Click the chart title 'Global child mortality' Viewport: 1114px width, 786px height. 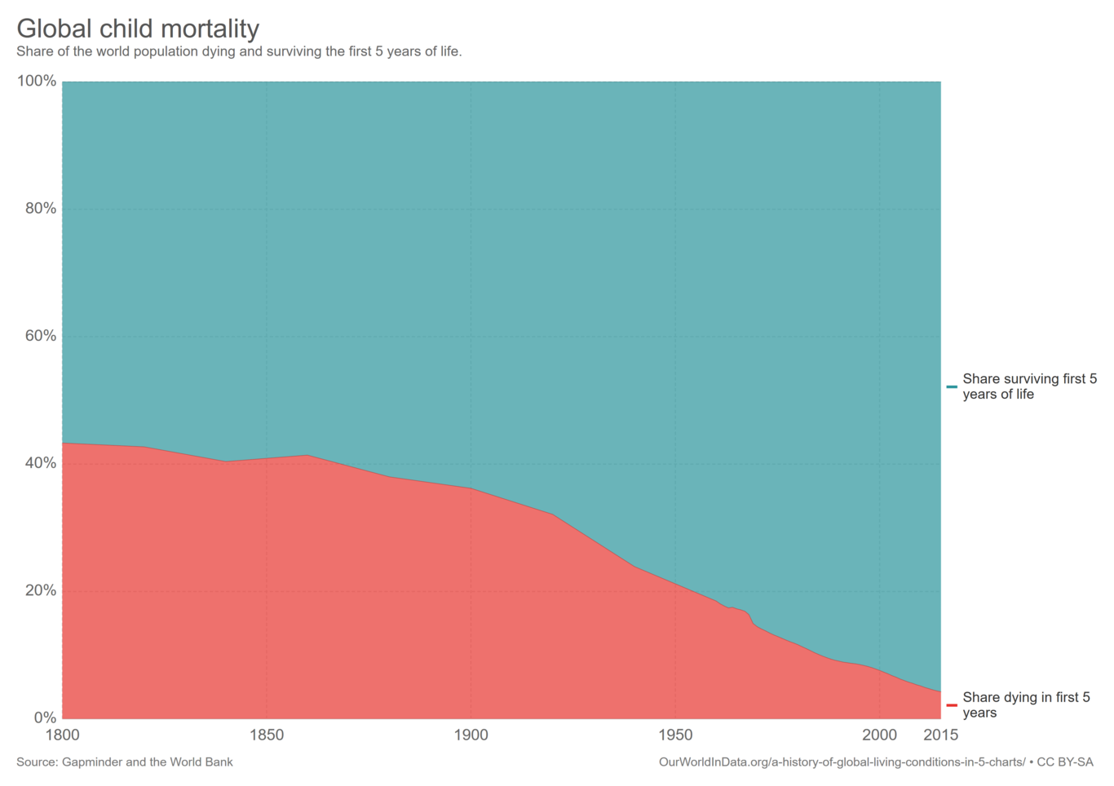138,29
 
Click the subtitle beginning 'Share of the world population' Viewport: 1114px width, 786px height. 239,51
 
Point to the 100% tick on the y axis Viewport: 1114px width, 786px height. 37,81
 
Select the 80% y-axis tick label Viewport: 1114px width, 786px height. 40,209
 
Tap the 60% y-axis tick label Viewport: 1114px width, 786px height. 40,336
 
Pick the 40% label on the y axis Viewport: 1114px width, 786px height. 40,463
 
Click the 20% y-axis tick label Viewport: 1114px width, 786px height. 40,590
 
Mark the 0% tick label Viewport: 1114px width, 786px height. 45,718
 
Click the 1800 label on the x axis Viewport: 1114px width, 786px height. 63,735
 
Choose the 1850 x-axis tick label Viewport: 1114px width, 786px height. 267,735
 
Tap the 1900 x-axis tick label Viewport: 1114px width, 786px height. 471,735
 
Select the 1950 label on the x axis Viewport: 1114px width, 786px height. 675,735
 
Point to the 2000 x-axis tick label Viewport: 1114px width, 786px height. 879,735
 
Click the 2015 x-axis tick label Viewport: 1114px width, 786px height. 940,735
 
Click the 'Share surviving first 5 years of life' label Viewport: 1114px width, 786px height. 1029,386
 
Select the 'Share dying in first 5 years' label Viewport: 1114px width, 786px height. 1026,705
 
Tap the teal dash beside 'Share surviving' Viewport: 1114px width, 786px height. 952,386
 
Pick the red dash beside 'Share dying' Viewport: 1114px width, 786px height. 952,705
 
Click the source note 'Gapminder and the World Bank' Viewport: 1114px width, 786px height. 125,762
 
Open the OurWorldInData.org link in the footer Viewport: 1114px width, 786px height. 842,762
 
